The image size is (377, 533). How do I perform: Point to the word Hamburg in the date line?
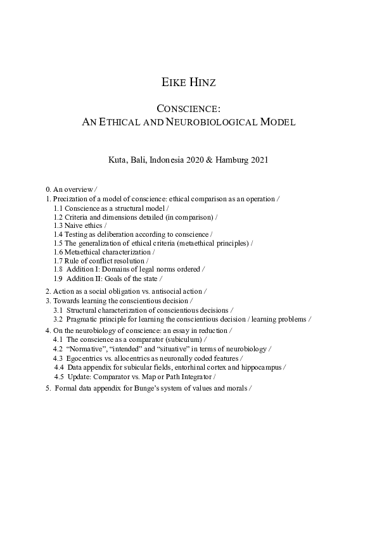point(233,160)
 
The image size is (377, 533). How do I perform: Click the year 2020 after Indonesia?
point(198,160)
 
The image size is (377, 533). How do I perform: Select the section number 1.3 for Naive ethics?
point(58,225)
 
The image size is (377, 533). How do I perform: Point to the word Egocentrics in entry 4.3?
point(85,358)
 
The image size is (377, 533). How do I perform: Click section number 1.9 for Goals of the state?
point(58,279)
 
